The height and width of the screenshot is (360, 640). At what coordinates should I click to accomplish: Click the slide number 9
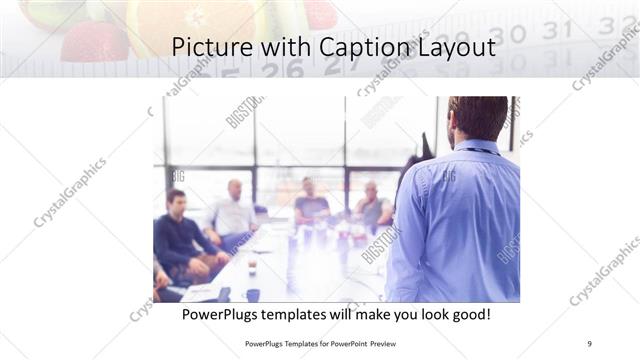[589, 343]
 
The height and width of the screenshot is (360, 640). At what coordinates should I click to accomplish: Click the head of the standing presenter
[477, 118]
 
